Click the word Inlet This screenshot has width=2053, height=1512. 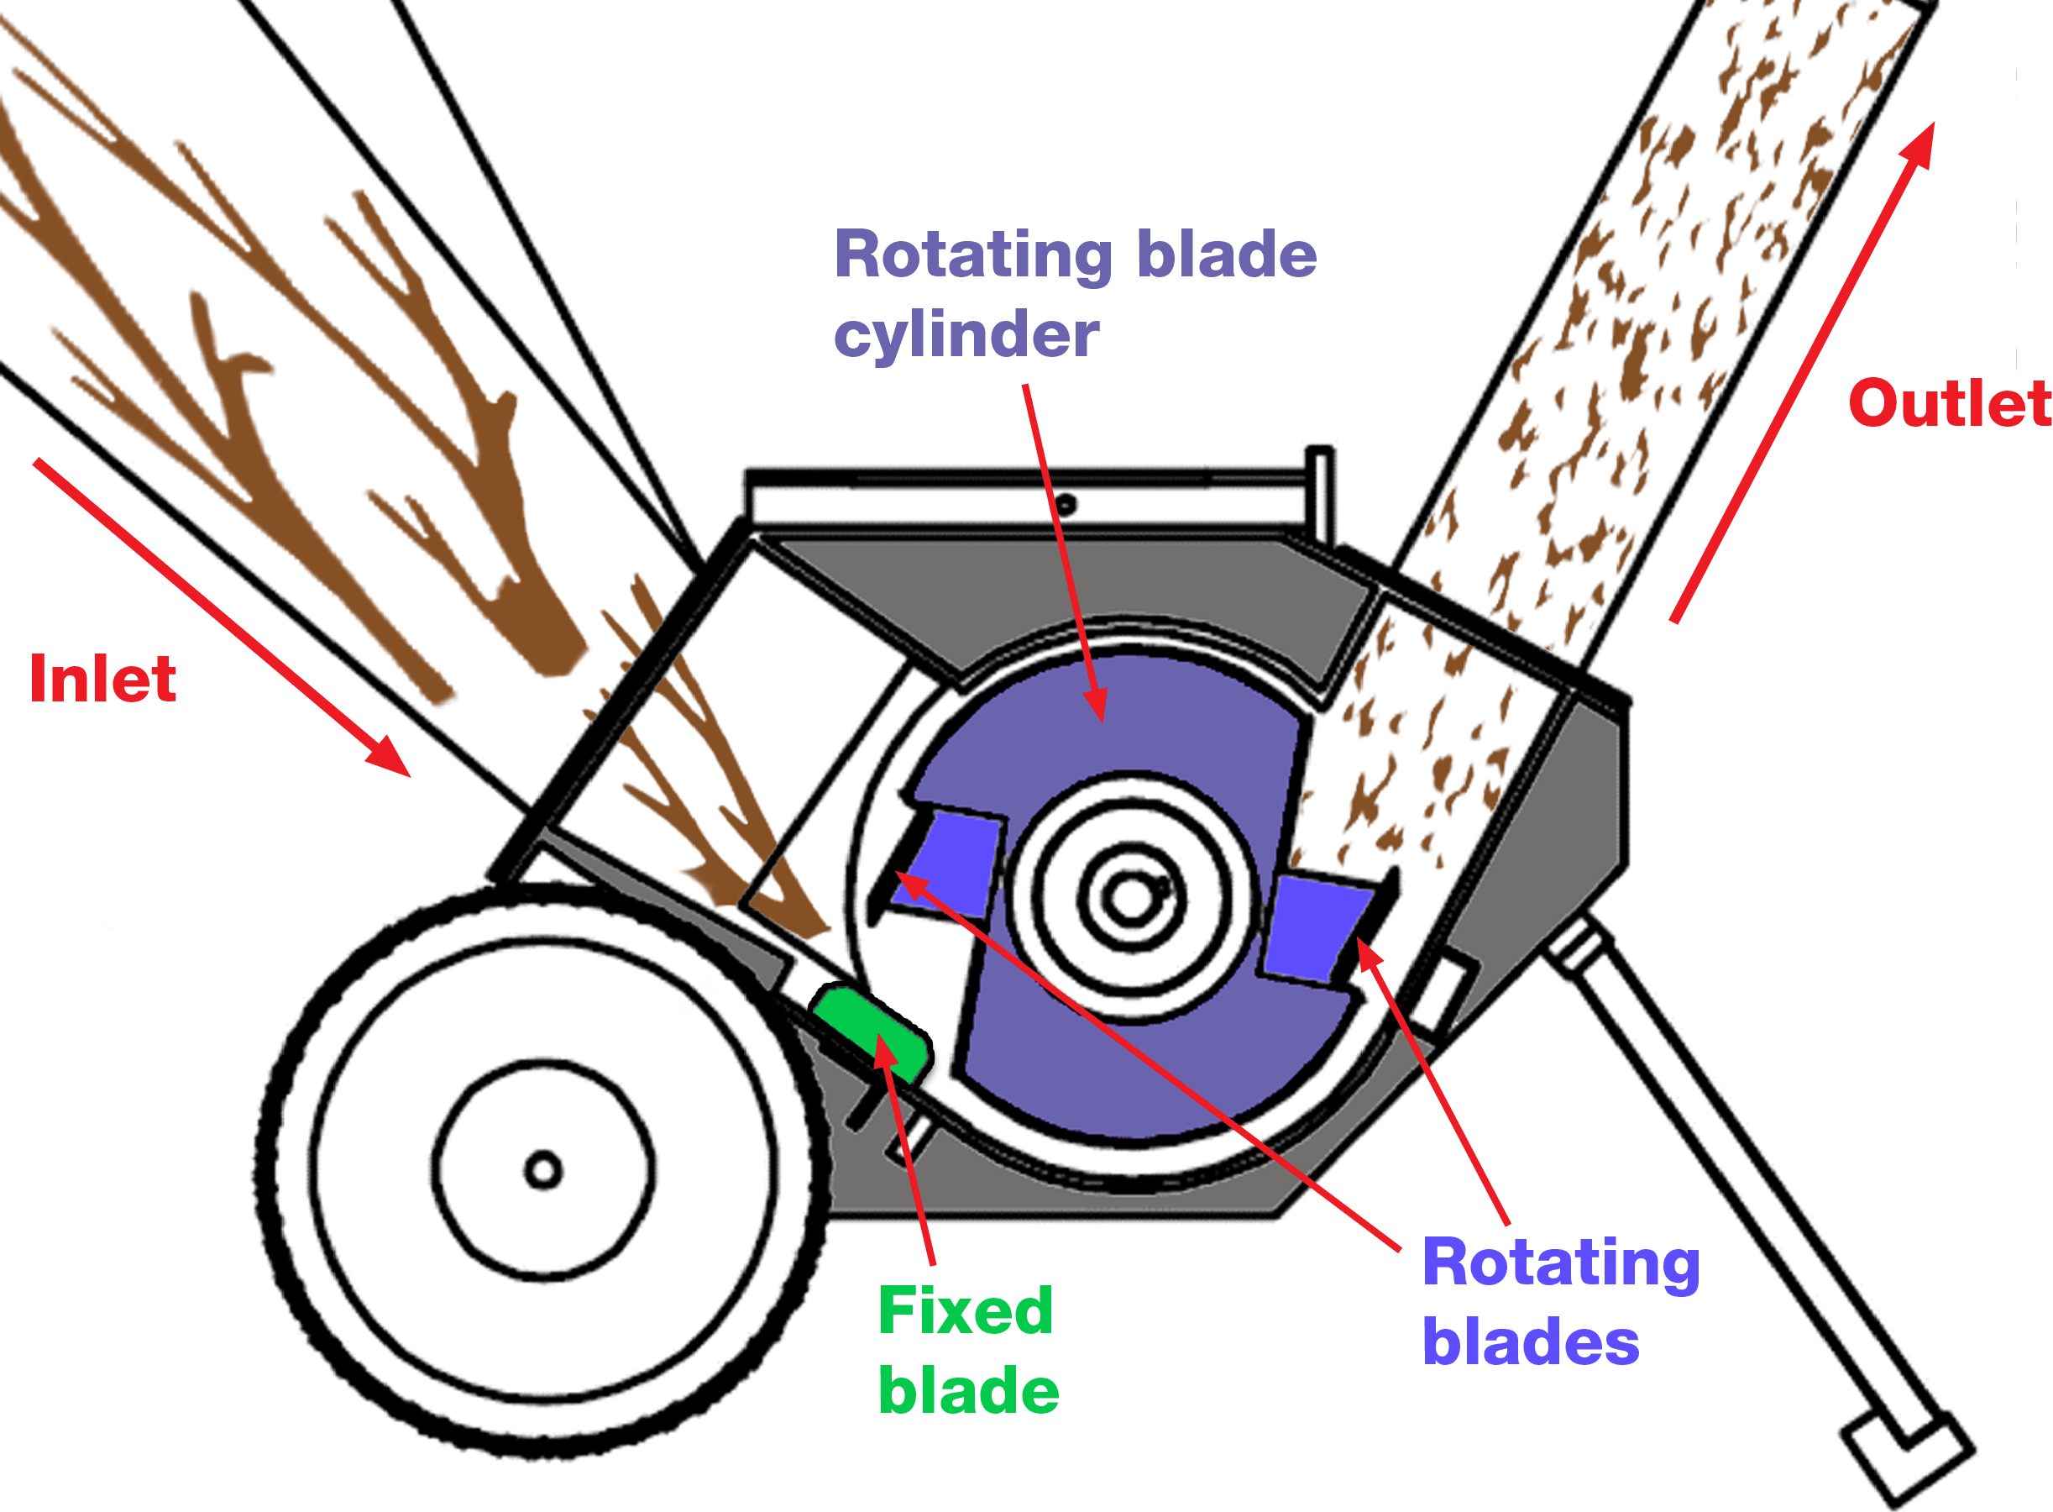pyautogui.click(x=102, y=679)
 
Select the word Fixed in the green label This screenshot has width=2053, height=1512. pyautogui.click(x=965, y=1311)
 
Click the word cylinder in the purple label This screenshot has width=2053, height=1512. pyautogui.click(x=966, y=336)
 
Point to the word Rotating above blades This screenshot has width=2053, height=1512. pyautogui.click(x=1561, y=1263)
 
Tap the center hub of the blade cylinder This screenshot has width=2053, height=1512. pyautogui.click(x=1131, y=899)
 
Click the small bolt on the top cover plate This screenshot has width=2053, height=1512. pyautogui.click(x=1066, y=503)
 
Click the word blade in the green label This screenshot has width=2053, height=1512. pyautogui.click(x=968, y=1391)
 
